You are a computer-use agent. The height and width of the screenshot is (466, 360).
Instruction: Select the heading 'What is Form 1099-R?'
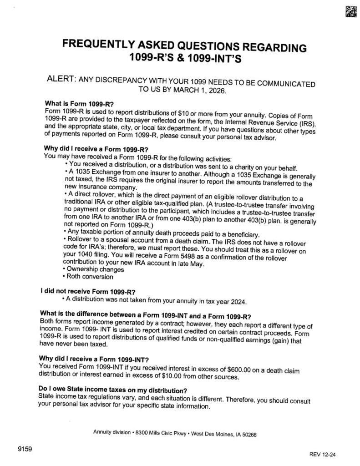79,104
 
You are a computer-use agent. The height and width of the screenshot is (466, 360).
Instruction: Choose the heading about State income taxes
113,391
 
